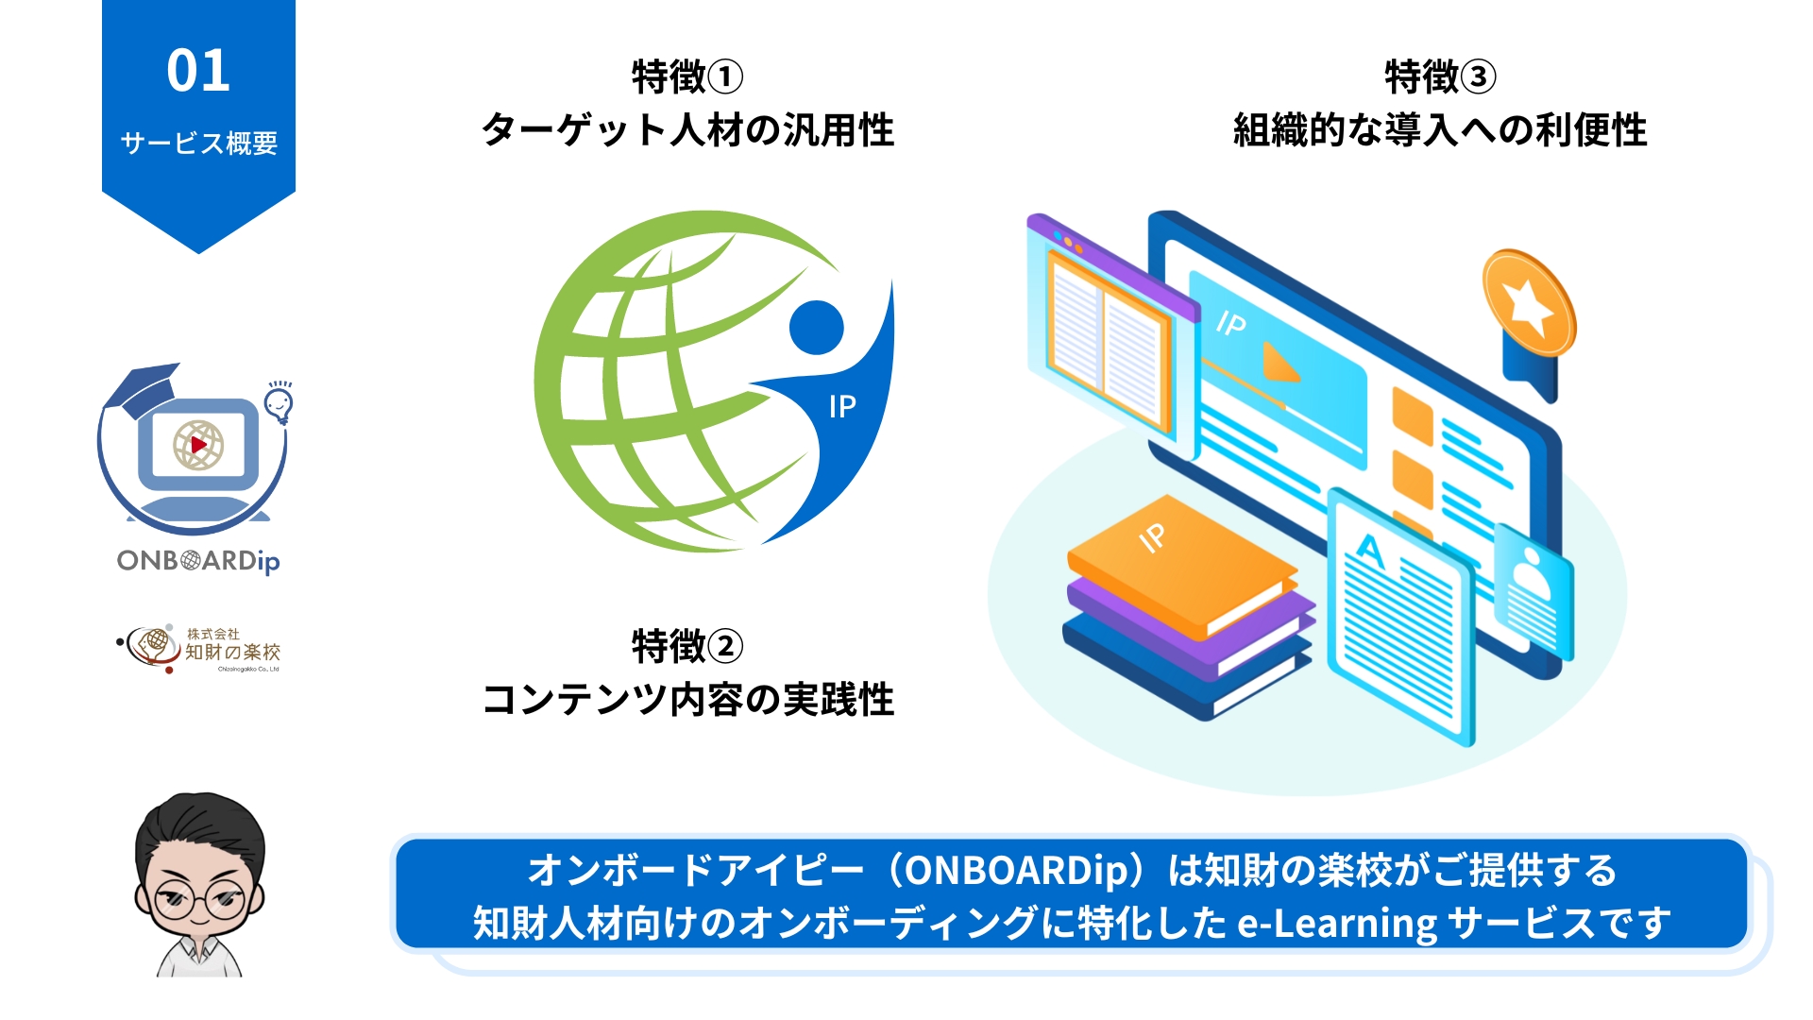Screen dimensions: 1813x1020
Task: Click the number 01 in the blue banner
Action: [x=198, y=71]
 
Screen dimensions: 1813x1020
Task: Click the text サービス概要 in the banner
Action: [x=199, y=143]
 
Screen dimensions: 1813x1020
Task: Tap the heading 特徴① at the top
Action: [x=687, y=76]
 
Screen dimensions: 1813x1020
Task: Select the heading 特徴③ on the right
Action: [x=1440, y=76]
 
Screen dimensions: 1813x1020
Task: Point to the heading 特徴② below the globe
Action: [x=687, y=646]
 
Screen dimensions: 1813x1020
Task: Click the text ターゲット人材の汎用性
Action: [x=687, y=129]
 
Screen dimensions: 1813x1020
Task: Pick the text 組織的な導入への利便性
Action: [x=1440, y=129]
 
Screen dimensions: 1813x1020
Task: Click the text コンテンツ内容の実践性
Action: [x=687, y=700]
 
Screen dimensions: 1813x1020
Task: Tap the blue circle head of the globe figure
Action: [x=816, y=328]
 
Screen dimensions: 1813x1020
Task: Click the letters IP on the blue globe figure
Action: [x=842, y=407]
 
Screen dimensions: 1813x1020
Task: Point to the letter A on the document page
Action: [x=1369, y=551]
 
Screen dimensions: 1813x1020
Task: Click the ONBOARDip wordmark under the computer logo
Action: [x=198, y=561]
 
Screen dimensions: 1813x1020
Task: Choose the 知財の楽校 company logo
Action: [x=198, y=649]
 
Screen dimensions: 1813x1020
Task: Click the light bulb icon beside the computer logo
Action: [x=280, y=403]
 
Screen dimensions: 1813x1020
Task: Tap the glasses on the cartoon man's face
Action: [x=200, y=897]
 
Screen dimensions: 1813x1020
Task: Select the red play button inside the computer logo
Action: [x=198, y=444]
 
